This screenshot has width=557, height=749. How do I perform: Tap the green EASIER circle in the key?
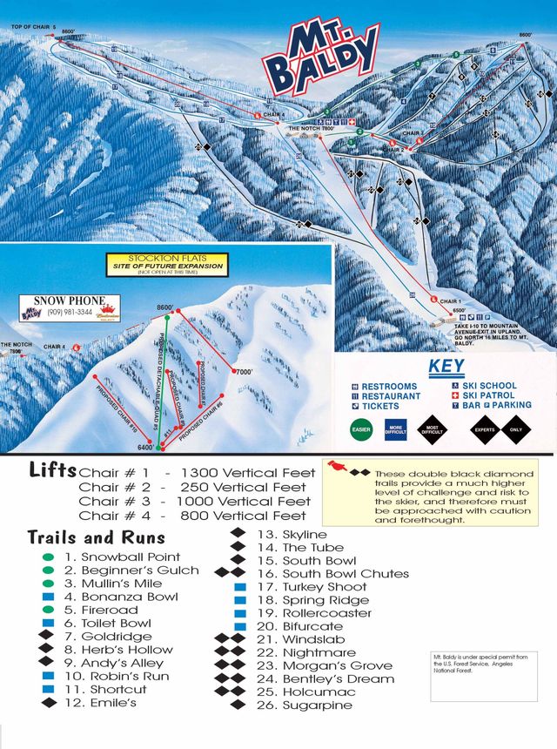coord(362,429)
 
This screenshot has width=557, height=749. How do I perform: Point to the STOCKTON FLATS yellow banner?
coord(164,262)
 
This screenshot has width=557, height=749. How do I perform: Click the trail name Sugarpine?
coord(318,705)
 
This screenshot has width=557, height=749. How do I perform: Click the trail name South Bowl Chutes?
coord(346,574)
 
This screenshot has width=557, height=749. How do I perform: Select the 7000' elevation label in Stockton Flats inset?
coord(245,372)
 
